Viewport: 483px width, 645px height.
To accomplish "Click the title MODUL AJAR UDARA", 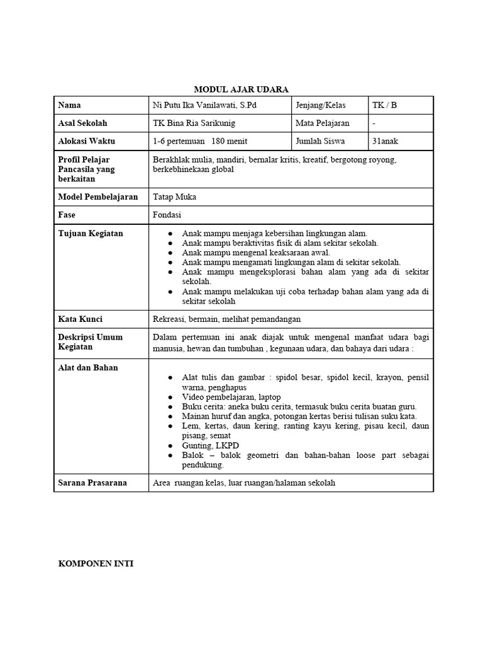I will tap(241, 89).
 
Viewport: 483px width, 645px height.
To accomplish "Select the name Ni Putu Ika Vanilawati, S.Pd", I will tap(204, 105).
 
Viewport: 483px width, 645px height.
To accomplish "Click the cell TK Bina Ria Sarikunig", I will tap(194, 123).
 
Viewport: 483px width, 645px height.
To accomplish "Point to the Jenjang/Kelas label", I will tap(321, 105).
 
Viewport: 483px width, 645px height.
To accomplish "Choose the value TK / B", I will tap(384, 105).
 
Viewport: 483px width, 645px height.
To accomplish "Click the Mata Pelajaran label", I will tap(323, 123).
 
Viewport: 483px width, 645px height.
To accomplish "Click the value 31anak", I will tap(386, 141).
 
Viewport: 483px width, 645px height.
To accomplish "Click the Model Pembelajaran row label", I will tap(97, 197).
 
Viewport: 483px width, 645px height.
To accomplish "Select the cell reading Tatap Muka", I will tap(174, 197).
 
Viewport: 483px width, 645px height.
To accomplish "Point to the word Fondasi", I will tap(167, 215).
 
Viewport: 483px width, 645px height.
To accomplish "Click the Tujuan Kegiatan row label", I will tap(91, 234).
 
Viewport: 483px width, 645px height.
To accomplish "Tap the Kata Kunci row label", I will tap(80, 319).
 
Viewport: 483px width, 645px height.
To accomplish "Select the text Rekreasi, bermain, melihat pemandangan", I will tap(226, 319).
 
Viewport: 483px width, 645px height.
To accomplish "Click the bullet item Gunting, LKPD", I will tap(206, 445).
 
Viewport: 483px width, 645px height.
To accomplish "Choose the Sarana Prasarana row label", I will tap(92, 483).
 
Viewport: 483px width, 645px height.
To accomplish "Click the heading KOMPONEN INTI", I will tap(96, 564).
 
